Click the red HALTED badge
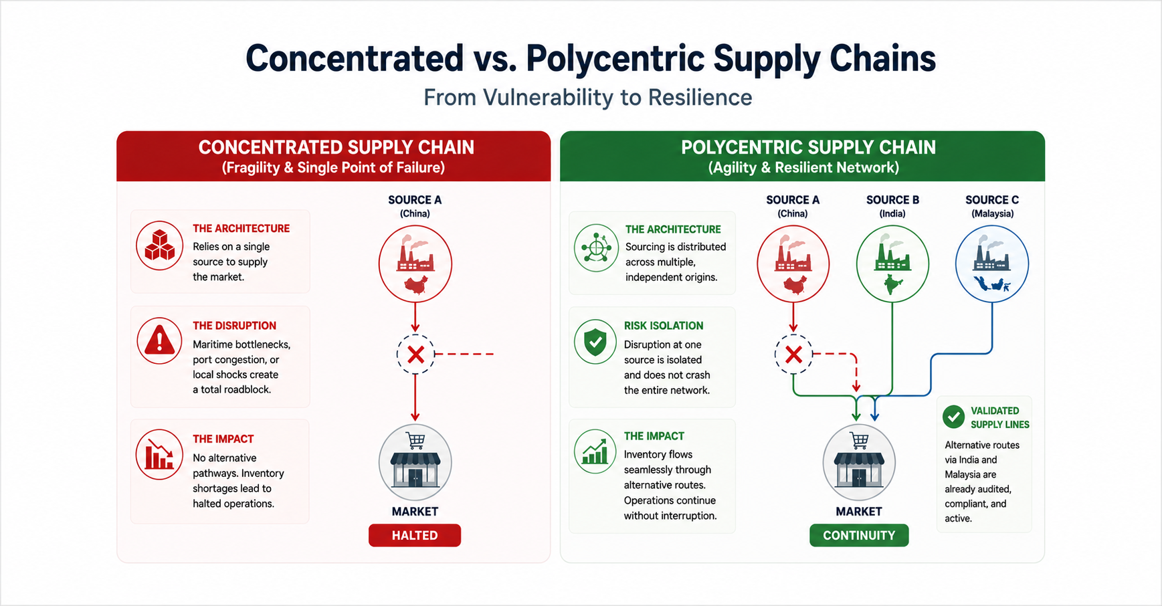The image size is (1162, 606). pyautogui.click(x=415, y=535)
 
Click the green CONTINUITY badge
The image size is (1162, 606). pyautogui.click(x=859, y=535)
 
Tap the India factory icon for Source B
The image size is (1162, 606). pyautogui.click(x=892, y=264)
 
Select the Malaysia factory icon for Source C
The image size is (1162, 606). pyautogui.click(x=992, y=264)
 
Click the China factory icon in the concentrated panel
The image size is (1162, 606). pyautogui.click(x=415, y=264)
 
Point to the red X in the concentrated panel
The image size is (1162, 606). pyautogui.click(x=415, y=355)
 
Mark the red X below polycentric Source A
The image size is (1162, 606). pyautogui.click(x=793, y=355)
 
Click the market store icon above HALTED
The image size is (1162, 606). pyautogui.click(x=415, y=462)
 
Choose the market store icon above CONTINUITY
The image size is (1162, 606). pyautogui.click(x=859, y=462)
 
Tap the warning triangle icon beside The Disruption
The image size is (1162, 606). pyautogui.click(x=159, y=340)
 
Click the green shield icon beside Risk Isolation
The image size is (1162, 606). pyautogui.click(x=595, y=342)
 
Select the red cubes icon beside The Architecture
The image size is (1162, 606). pyautogui.click(x=159, y=245)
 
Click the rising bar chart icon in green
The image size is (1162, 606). pyautogui.click(x=595, y=451)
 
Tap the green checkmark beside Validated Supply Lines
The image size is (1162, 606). pyautogui.click(x=953, y=417)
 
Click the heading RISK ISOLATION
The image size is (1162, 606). pyautogui.click(x=664, y=326)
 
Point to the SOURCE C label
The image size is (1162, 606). pyautogui.click(x=992, y=200)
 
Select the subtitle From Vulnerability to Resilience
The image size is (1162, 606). pyautogui.click(x=588, y=98)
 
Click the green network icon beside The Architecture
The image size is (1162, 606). pyautogui.click(x=595, y=247)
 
